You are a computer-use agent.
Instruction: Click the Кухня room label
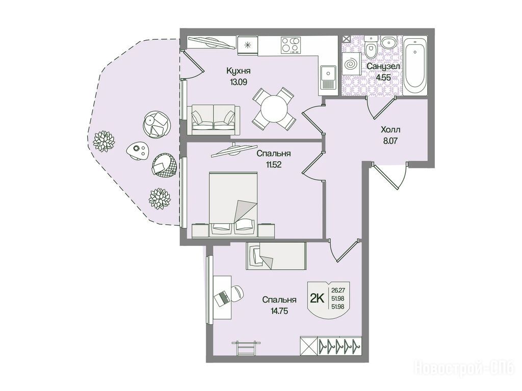coord(238,71)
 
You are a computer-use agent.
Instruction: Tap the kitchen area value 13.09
coord(238,82)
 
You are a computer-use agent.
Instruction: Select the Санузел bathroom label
coord(383,67)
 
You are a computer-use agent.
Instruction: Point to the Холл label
coord(390,129)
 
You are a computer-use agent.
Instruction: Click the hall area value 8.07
coord(390,141)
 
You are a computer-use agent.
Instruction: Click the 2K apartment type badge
coord(317,298)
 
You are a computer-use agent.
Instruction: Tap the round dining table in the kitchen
coord(274,108)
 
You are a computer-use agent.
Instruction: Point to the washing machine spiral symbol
coord(351,64)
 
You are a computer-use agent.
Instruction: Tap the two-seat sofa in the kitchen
coord(214,120)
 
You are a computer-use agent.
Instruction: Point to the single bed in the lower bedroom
coord(276,256)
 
